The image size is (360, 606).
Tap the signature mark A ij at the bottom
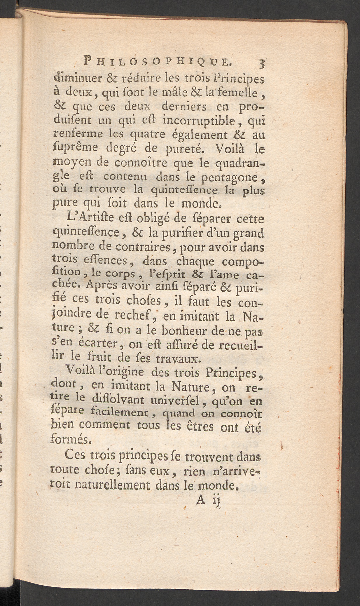tap(207, 500)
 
